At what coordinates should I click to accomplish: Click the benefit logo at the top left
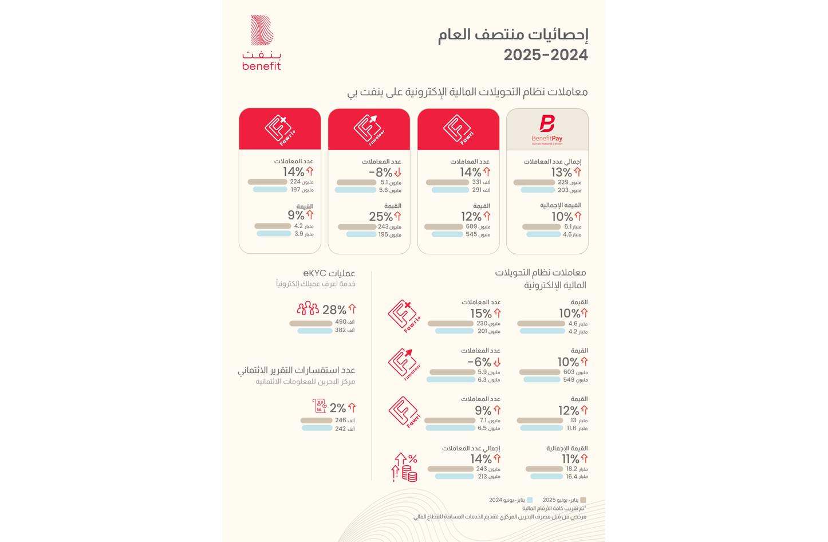[262, 43]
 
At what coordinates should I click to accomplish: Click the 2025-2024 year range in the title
[546, 55]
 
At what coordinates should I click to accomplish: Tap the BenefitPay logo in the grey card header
[547, 129]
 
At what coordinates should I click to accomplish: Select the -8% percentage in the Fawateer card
[380, 172]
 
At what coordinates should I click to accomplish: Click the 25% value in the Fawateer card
[381, 217]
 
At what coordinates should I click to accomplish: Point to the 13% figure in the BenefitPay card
[561, 172]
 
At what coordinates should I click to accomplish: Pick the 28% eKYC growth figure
[334, 310]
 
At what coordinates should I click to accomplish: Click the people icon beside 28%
[307, 309]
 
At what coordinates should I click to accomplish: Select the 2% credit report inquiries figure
[337, 408]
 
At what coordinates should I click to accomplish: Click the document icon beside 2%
[320, 407]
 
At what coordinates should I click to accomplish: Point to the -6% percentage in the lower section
[479, 362]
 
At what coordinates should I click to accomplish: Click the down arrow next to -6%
[497, 362]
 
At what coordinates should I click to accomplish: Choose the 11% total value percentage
[570, 459]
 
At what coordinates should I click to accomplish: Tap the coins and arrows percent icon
[405, 466]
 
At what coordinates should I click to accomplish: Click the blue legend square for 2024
[530, 500]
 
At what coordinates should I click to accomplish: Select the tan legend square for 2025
[583, 500]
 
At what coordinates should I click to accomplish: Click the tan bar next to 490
[311, 323]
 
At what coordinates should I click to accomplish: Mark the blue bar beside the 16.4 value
[546, 476]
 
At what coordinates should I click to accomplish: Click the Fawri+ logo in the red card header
[280, 129]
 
